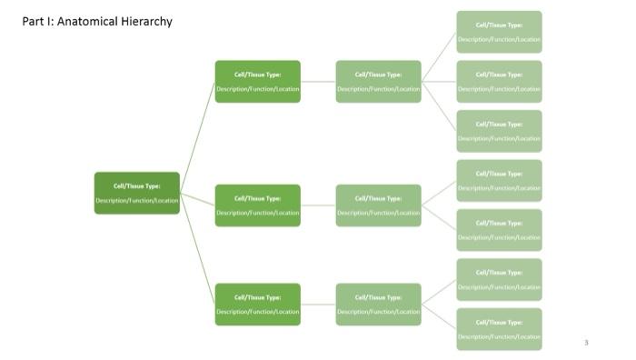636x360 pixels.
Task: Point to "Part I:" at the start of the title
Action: point(37,21)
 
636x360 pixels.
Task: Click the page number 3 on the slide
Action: point(586,343)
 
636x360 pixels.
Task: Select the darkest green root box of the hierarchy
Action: point(136,193)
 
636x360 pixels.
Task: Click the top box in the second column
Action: point(257,81)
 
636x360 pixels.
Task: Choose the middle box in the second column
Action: point(257,205)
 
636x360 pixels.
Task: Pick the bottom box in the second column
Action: point(257,304)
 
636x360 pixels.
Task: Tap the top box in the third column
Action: point(378,81)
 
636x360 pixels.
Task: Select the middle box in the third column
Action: point(378,205)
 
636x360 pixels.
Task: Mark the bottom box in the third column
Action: point(378,304)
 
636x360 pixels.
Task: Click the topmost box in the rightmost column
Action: point(499,32)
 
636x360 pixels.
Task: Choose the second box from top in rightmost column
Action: point(499,81)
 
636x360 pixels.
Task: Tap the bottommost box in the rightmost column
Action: point(499,328)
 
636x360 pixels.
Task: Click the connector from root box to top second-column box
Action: point(197,136)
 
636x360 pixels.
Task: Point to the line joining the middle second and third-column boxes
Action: point(318,205)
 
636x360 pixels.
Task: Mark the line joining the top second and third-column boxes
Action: point(318,81)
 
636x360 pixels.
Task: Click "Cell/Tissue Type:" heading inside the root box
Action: point(136,185)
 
